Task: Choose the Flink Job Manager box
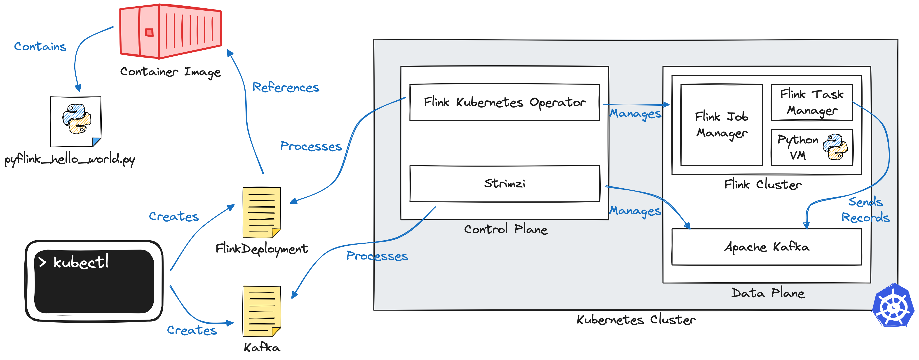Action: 721,125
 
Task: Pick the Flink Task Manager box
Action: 812,102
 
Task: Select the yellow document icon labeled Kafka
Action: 262,311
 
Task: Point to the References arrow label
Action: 286,87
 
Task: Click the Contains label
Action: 40,46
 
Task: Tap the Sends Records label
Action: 865,210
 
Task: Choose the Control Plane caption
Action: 506,229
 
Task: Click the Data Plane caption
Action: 768,293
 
